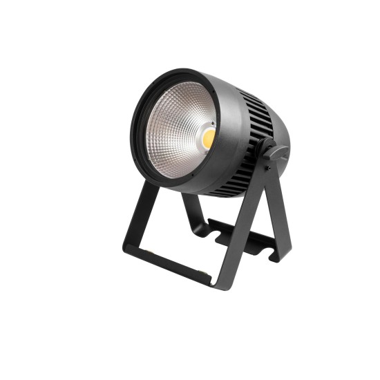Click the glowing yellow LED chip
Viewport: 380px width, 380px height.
point(209,138)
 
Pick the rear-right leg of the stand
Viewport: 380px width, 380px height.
point(280,207)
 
